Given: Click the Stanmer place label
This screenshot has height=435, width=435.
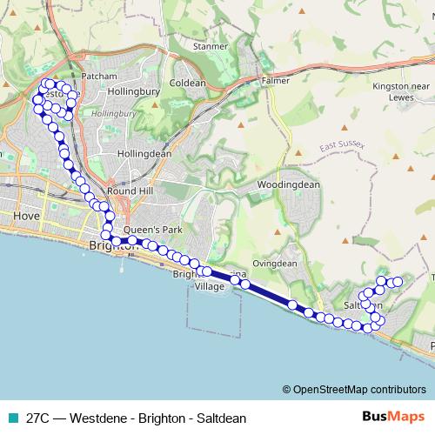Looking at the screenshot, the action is (x=210, y=46).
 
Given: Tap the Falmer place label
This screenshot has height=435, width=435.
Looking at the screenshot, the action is (x=275, y=81).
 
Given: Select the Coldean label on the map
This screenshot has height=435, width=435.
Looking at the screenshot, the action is (x=187, y=84).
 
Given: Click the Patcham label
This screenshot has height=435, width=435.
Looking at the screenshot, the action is (x=98, y=77).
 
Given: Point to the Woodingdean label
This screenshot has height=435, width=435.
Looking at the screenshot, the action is (x=289, y=184).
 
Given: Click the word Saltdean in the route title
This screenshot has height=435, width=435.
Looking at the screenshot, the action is (x=221, y=418).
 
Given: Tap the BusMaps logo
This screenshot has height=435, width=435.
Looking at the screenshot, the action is (x=391, y=417).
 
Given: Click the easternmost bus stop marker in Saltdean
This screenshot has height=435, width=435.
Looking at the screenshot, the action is (x=398, y=281).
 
